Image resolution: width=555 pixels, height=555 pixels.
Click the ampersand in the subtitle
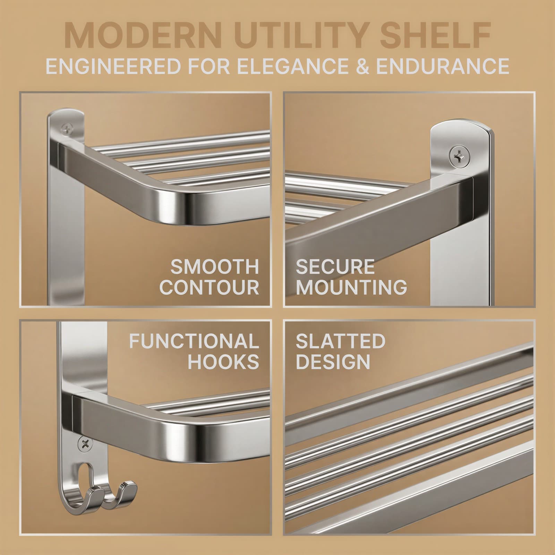pyautogui.click(x=362, y=66)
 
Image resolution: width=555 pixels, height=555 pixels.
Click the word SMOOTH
pyautogui.click(x=215, y=267)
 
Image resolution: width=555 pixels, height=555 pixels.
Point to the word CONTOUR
pyautogui.click(x=209, y=288)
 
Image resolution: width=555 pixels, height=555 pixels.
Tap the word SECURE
pyautogui.click(x=335, y=267)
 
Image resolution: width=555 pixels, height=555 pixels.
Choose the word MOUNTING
pyautogui.click(x=351, y=288)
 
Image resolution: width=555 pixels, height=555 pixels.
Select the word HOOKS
pyautogui.click(x=223, y=362)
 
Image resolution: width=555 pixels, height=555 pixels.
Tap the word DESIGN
pyautogui.click(x=333, y=362)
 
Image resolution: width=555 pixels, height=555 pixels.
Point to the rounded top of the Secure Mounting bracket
pyautogui.click(x=461, y=126)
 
